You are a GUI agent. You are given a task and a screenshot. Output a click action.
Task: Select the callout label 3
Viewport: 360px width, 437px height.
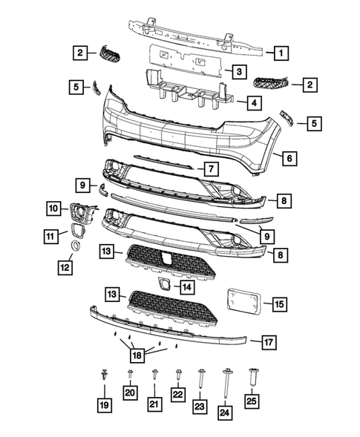(238, 72)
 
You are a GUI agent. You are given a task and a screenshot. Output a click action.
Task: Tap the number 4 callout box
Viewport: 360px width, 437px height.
(253, 102)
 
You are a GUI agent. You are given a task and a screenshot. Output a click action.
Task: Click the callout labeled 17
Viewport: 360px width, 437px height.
(269, 342)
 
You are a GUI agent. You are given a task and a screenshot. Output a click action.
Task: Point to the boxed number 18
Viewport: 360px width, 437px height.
(135, 355)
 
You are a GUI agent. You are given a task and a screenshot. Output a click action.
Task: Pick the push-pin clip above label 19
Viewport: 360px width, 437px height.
(103, 378)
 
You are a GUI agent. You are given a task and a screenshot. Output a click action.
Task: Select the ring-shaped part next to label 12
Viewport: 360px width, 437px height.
(76, 246)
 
